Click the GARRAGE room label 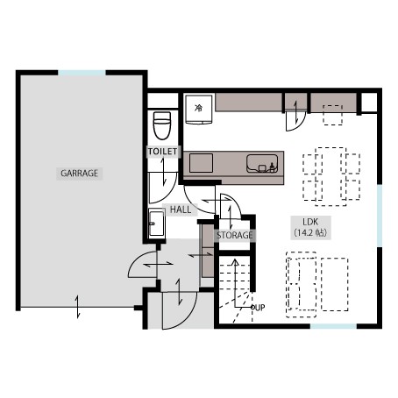(79, 174)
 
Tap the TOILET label (162, 152)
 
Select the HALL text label (181, 210)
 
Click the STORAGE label (235, 235)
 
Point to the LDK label (310, 222)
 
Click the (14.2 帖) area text (310, 232)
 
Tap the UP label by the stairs (260, 308)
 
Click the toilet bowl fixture (162, 125)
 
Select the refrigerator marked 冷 (199, 110)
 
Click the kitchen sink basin (262, 164)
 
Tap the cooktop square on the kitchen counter (201, 163)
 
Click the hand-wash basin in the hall (157, 224)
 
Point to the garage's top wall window (82, 73)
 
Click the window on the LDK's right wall (380, 216)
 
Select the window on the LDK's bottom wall (333, 326)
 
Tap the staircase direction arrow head (235, 261)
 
